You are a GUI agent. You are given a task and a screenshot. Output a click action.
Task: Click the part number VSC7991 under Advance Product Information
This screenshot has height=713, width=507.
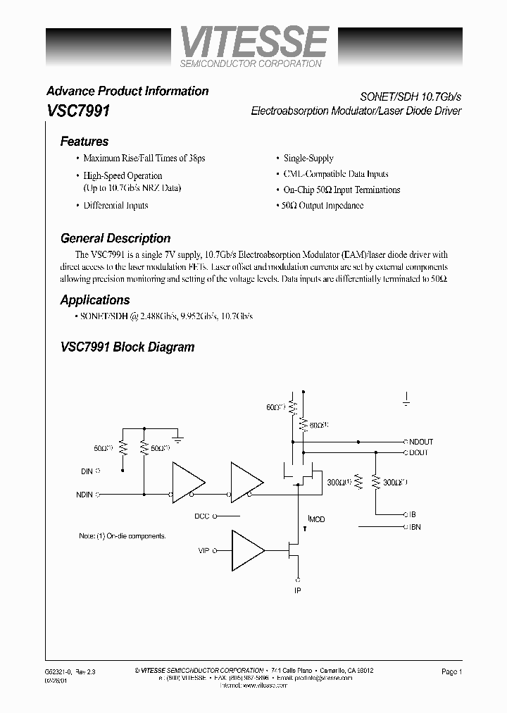pos(77,111)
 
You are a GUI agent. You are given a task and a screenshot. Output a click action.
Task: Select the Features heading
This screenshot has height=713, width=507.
pos(84,141)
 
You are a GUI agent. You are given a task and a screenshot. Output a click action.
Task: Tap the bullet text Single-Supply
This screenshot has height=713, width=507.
pos(308,159)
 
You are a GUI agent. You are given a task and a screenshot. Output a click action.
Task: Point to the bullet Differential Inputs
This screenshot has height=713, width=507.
pos(115,206)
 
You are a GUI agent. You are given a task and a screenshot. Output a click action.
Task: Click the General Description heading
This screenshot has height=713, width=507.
pos(115,238)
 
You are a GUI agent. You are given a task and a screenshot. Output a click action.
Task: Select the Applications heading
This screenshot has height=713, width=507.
pos(95,300)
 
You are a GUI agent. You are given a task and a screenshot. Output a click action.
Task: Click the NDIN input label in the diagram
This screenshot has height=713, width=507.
pos(84,494)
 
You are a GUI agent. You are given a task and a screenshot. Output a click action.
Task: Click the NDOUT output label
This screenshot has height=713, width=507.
pos(420,442)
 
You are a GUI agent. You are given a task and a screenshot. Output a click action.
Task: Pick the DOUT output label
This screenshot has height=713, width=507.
pos(418,452)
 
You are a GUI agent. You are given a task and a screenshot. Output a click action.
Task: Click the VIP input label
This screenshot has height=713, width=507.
pos(204,550)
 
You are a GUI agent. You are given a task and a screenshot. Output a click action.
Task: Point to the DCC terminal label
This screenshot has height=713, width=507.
pos(202,516)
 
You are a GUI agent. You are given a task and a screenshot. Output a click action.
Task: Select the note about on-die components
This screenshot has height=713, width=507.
pos(123,536)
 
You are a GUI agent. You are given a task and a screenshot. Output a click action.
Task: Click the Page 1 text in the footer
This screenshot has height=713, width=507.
pos(451,672)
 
